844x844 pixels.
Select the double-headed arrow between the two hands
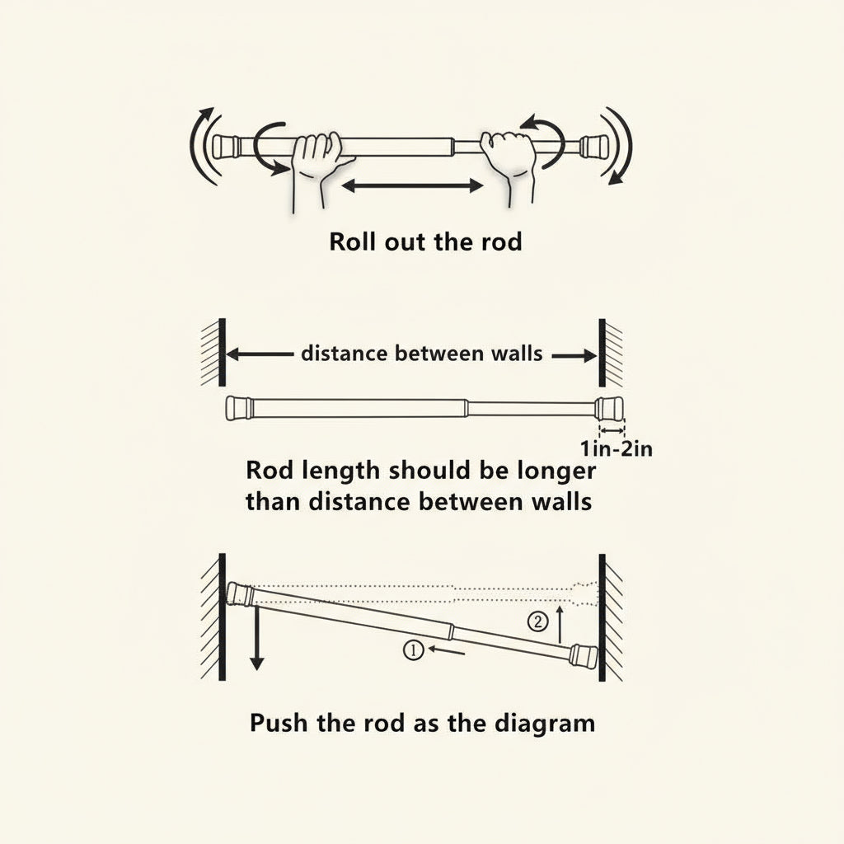(411, 186)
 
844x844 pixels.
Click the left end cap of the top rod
(226, 146)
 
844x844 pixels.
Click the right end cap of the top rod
(593, 146)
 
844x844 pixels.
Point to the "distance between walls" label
(422, 354)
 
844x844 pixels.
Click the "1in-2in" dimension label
(617, 449)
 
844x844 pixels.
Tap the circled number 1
(412, 650)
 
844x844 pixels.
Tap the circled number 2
(537, 622)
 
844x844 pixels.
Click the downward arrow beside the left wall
(256, 635)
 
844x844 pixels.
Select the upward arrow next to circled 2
(560, 624)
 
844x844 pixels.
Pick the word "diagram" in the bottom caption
(544, 724)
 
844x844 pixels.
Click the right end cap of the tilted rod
(584, 656)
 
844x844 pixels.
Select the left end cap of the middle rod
(239, 407)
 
